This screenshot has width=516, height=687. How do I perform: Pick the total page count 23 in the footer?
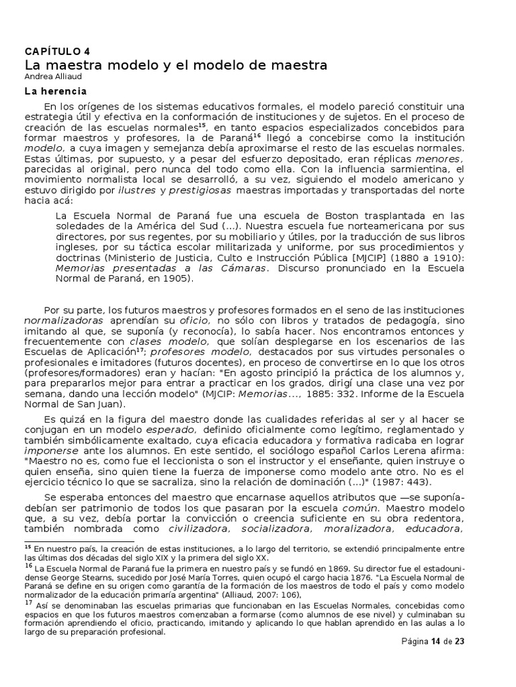460,641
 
